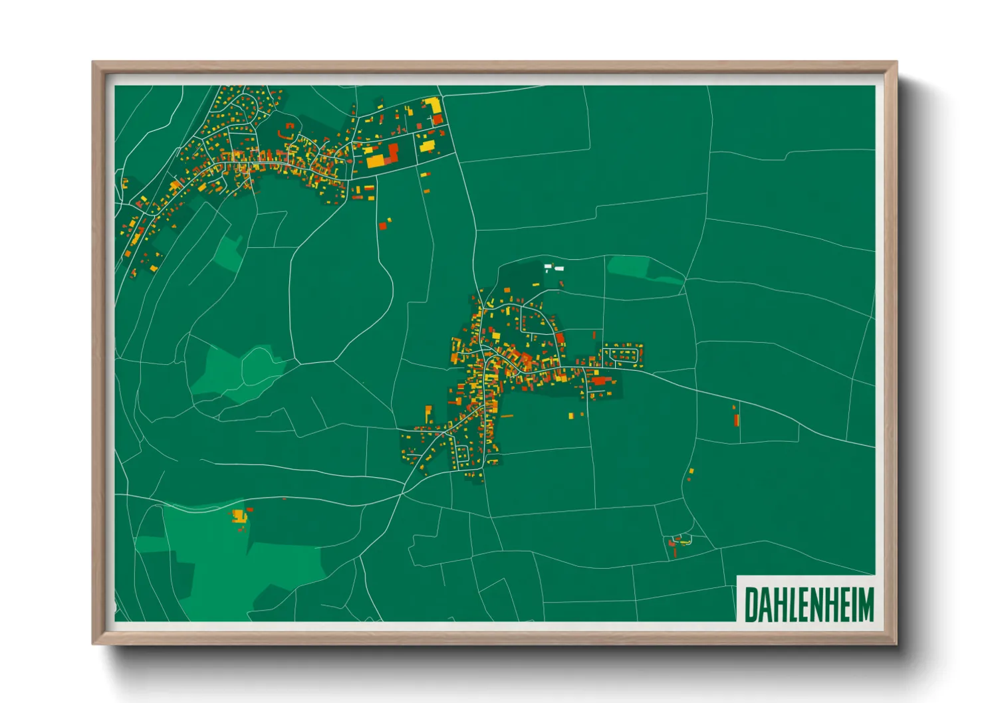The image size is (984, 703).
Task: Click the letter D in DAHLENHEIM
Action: coord(751,605)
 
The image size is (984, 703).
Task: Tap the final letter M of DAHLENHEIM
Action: coord(866,605)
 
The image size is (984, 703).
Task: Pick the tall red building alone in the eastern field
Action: coord(737,420)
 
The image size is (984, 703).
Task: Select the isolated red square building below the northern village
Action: coord(382,226)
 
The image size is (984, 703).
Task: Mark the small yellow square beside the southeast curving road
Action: coord(691,471)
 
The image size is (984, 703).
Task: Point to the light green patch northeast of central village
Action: coord(628,267)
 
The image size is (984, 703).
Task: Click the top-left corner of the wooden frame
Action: coord(93,63)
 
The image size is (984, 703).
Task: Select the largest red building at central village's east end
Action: coord(602,381)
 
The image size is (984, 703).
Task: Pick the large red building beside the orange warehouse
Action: coord(392,152)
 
